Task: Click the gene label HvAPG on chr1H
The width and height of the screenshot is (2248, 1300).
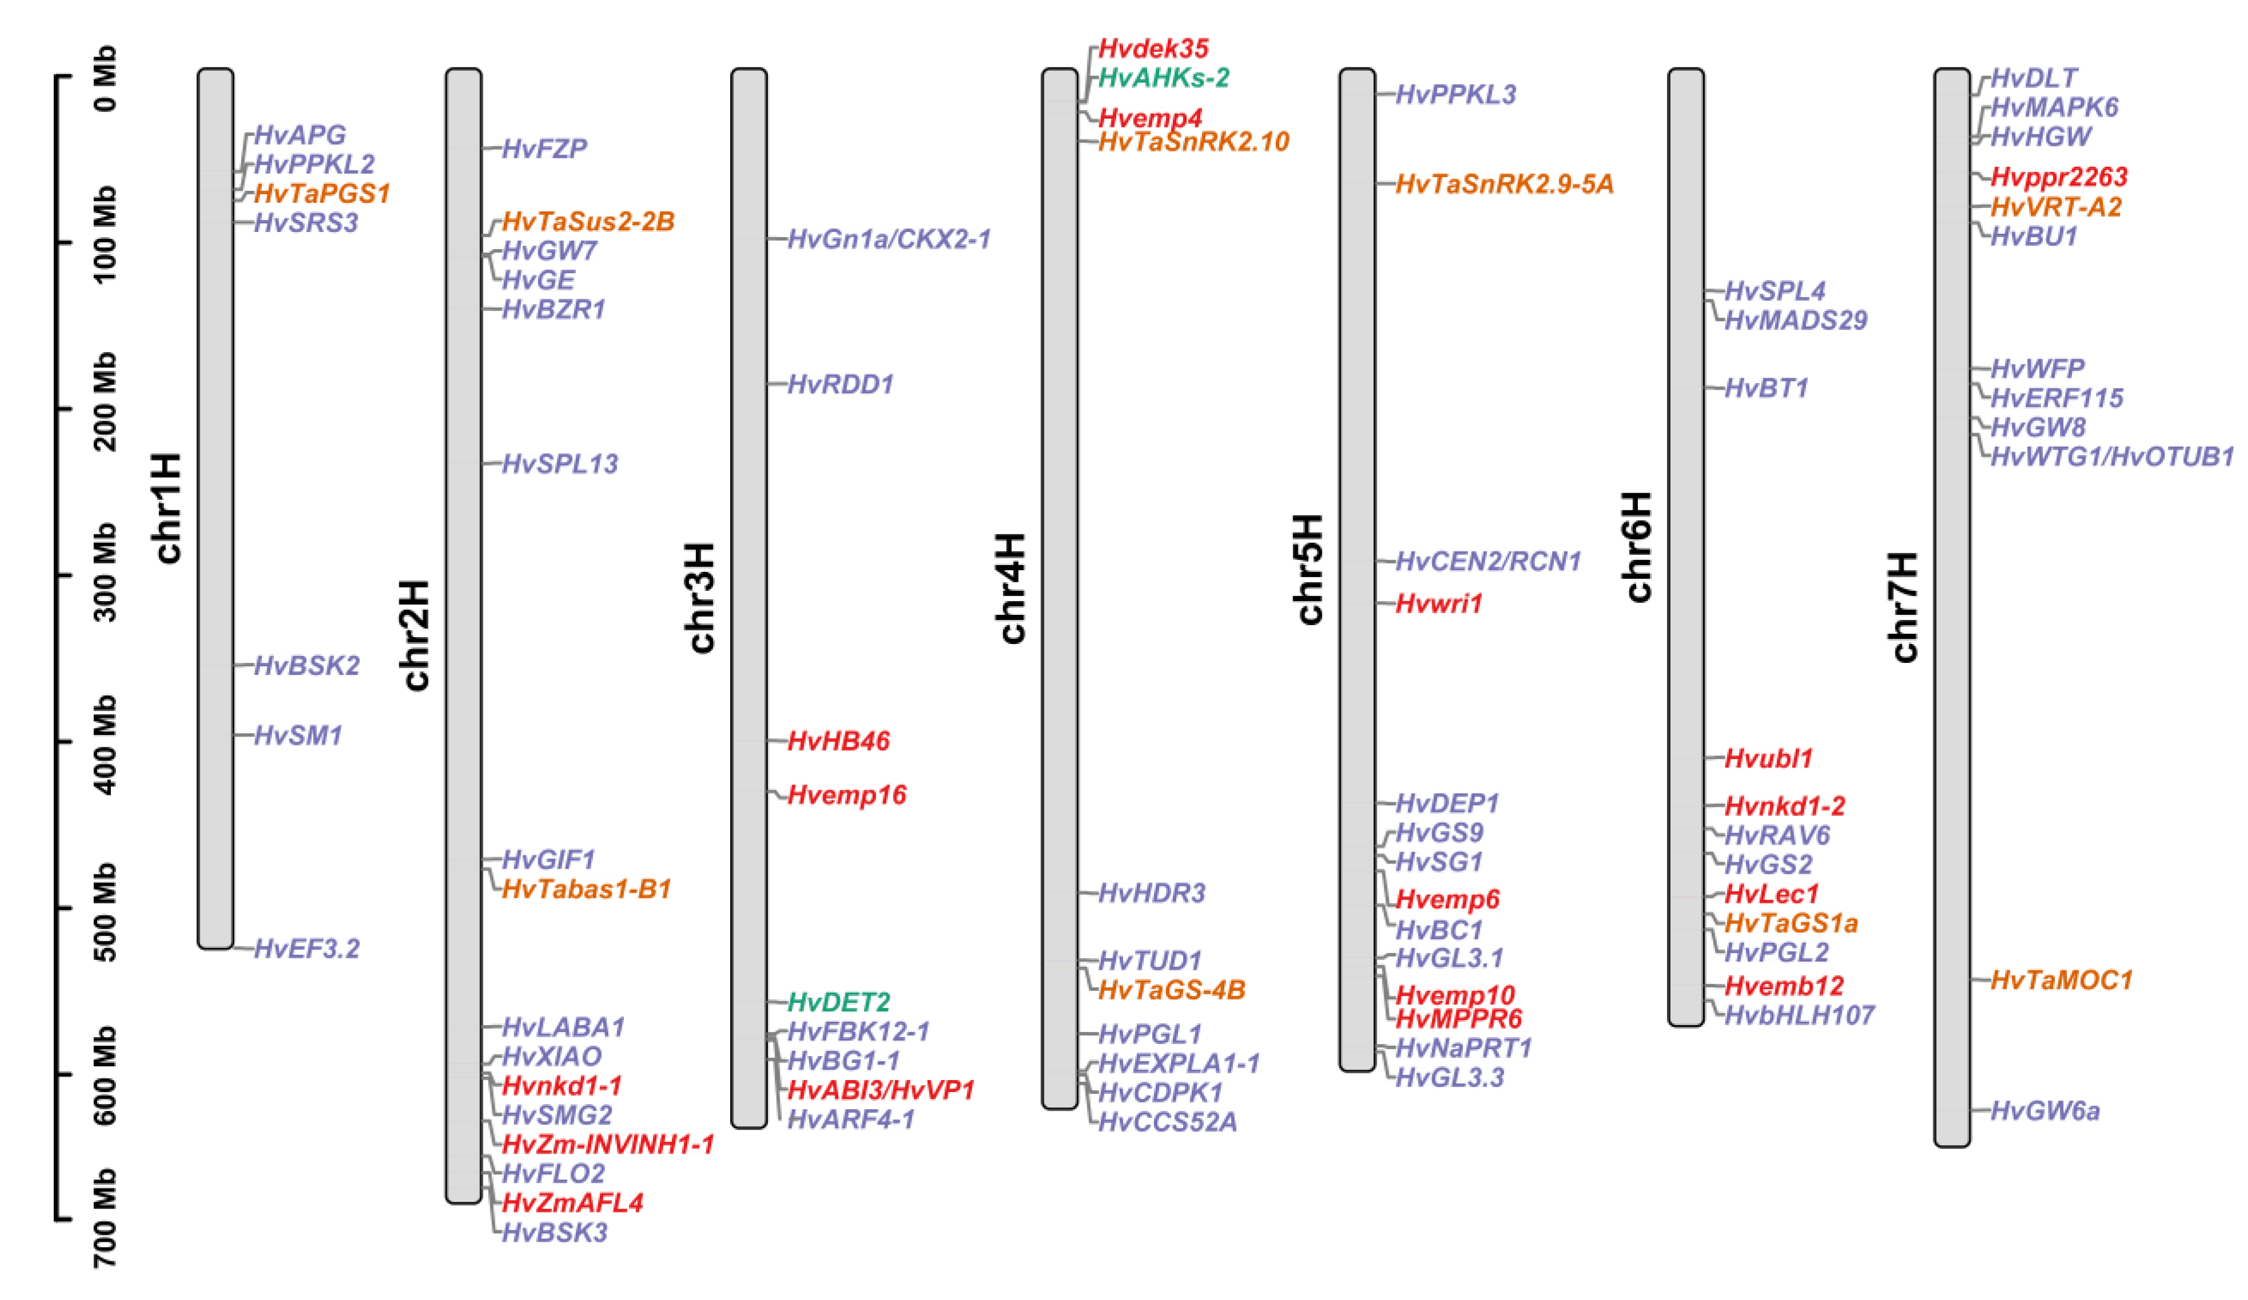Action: [x=300, y=135]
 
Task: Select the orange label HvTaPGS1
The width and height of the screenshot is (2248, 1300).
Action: [x=322, y=194]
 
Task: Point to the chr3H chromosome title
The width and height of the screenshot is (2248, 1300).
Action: [x=702, y=597]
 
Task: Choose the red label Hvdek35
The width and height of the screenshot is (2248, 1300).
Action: [x=1152, y=48]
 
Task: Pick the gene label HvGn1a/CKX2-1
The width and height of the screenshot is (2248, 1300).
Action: [x=888, y=239]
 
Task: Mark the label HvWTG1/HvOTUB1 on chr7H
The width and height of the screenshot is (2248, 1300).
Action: [x=2111, y=457]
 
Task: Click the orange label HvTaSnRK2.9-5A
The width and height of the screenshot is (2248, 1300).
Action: [x=1504, y=184]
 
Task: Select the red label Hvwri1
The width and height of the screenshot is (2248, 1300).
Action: [x=1438, y=603]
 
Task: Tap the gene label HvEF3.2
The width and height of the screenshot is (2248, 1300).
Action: [x=306, y=949]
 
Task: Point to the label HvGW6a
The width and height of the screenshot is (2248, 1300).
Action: [x=2045, y=1111]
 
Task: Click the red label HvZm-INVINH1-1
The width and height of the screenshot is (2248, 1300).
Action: [x=607, y=1145]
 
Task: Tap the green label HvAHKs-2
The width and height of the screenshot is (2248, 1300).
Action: [x=1163, y=78]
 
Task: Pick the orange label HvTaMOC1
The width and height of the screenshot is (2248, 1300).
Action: [x=2061, y=981]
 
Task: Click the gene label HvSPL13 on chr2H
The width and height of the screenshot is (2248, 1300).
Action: [x=559, y=464]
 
